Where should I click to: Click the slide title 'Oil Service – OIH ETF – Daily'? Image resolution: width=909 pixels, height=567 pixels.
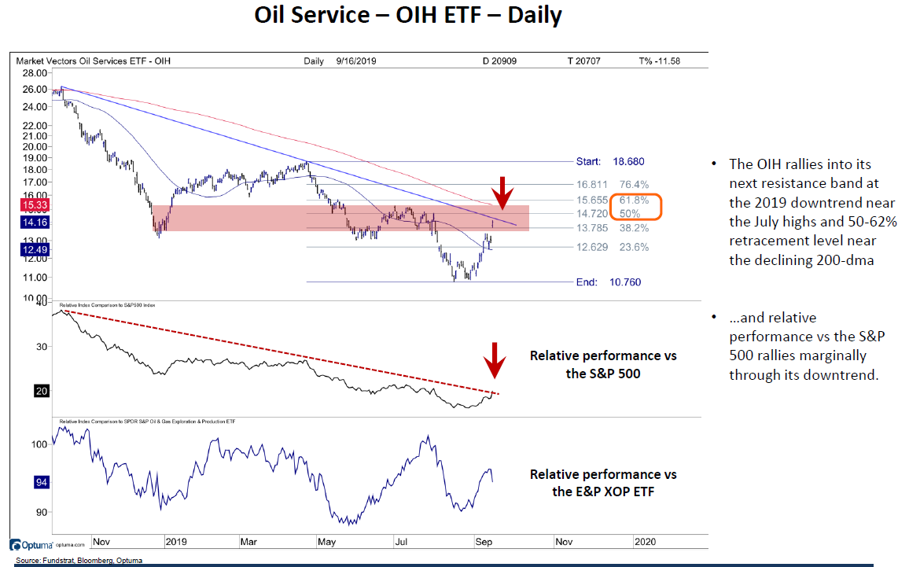point(408,16)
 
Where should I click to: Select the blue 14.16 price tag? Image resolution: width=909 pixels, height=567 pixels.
point(31,223)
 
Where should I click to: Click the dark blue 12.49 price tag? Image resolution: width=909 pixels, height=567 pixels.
point(31,250)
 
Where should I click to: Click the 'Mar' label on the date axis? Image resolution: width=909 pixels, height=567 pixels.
point(248,542)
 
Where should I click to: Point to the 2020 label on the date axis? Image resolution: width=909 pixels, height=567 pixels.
point(645,542)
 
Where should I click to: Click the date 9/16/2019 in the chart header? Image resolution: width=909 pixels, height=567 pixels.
point(356,61)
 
